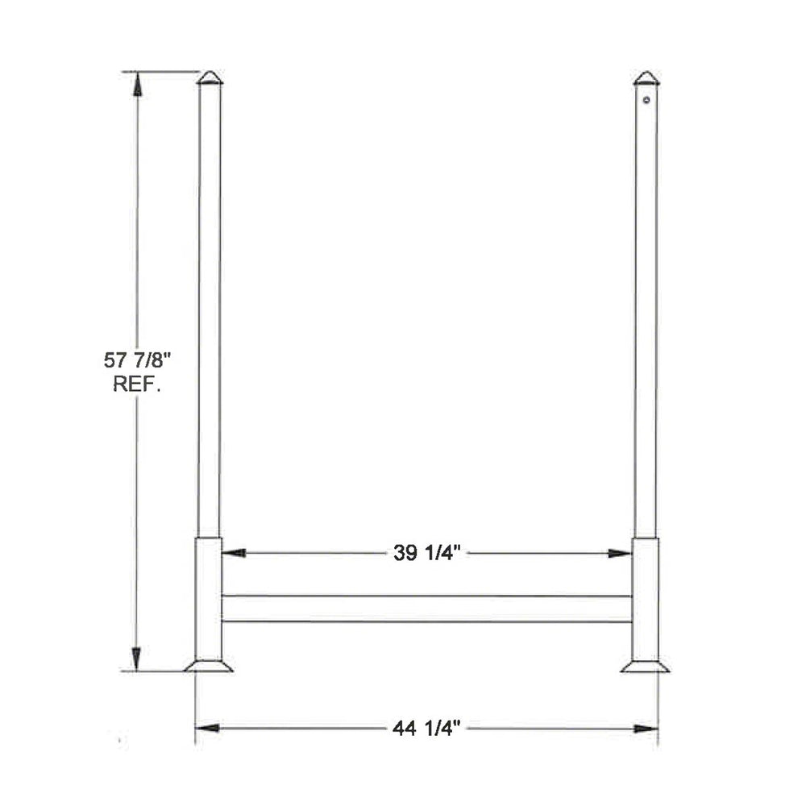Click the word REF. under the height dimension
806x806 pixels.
[136, 384]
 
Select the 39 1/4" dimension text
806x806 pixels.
[426, 554]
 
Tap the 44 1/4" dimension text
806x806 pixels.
[426, 729]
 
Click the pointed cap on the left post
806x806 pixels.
[210, 77]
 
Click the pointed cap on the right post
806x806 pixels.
[646, 78]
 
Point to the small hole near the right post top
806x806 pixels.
[646, 101]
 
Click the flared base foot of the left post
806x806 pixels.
[209, 666]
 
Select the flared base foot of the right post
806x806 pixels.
[645, 666]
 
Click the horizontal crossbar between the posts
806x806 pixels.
[426, 609]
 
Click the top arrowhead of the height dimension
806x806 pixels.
[137, 82]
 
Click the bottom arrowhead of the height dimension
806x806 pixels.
[137, 659]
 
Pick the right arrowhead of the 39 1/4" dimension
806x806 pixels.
[620, 554]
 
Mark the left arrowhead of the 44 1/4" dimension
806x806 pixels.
[207, 729]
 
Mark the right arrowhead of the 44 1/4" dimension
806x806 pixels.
[646, 729]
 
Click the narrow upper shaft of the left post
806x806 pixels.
[210, 306]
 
